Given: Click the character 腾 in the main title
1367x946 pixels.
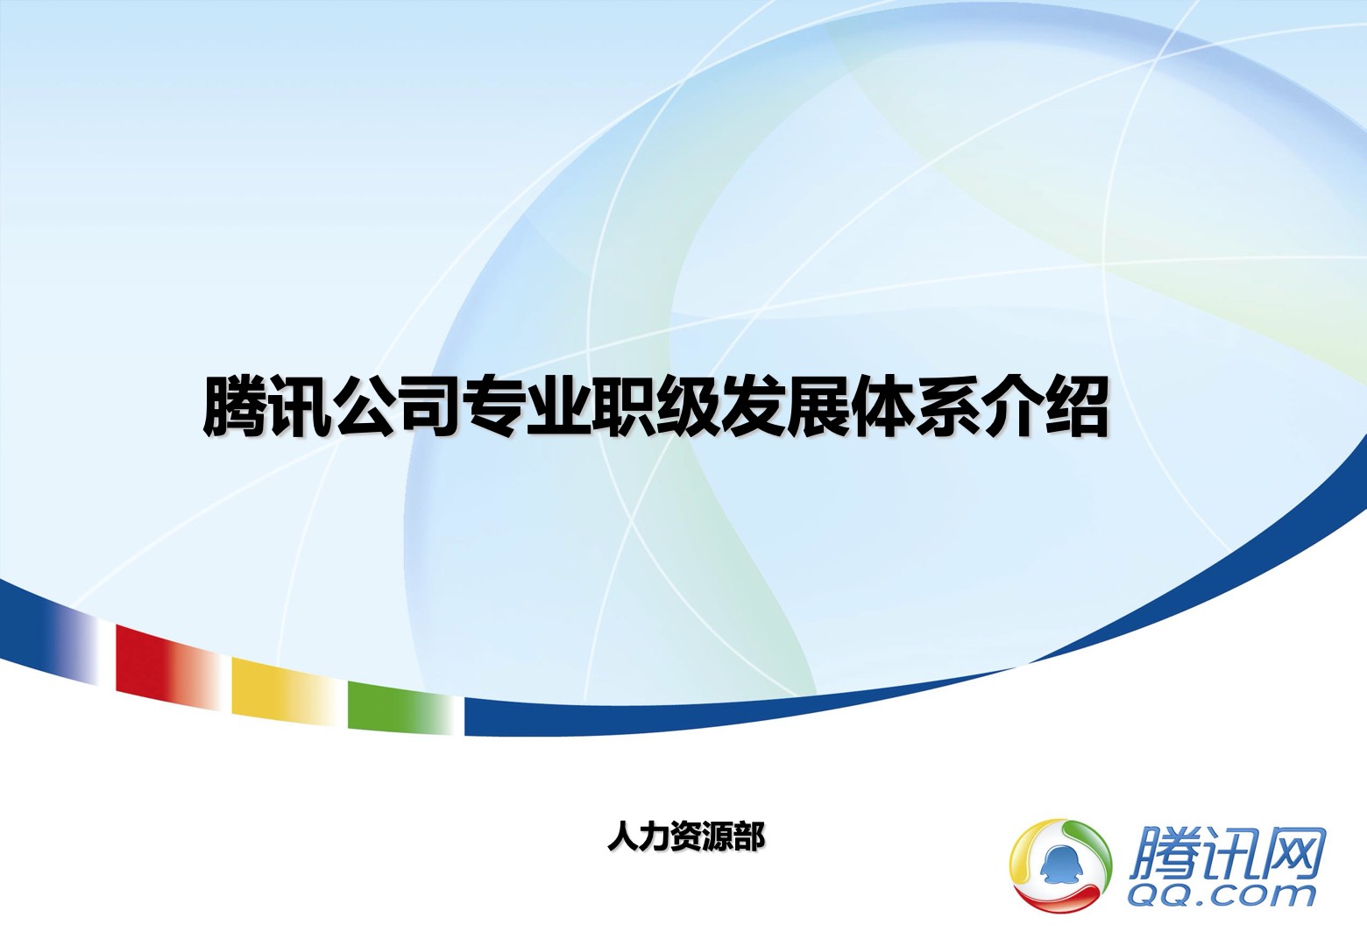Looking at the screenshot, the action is pyautogui.click(x=235, y=406).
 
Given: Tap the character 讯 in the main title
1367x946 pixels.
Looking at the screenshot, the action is pyautogui.click(x=299, y=406).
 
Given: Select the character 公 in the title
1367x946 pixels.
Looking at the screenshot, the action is pyautogui.click(x=365, y=406).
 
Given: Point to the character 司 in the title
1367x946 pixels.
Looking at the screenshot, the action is pyautogui.click(x=429, y=406).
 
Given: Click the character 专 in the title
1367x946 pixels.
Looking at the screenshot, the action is pyautogui.click(x=493, y=406).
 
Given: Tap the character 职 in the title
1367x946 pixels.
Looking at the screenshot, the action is pyautogui.click(x=622, y=406).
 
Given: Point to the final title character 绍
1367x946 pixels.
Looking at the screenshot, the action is pyautogui.click(x=1076, y=406).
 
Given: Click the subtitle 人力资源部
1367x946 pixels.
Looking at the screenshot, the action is pyautogui.click(x=685, y=837).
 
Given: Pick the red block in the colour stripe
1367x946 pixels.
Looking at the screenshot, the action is pyautogui.click(x=168, y=667).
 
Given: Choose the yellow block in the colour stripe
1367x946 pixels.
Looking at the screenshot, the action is pyautogui.click(x=284, y=691).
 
